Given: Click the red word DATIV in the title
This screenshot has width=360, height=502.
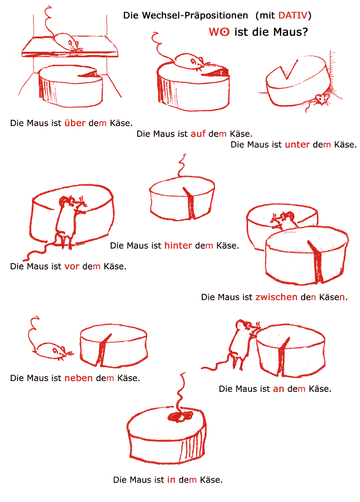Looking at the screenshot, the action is pos(293,15).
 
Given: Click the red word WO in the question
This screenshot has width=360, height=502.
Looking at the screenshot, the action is pos(219,31).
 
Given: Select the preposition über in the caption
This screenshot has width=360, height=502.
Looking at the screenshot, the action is pos(75,123).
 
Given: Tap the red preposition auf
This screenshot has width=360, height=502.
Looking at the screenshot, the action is pos(198,134).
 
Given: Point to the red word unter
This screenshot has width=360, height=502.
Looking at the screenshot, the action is pos(297,144).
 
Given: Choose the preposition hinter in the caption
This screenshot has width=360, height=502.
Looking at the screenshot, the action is pos(178,245).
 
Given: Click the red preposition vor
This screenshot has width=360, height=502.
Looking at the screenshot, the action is pos(72,266).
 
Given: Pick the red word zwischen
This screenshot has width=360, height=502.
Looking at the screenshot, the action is pos(276,297).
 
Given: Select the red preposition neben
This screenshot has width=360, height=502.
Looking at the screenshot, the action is pos(78,378).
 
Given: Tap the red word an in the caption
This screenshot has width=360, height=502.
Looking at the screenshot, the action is pos(279,389).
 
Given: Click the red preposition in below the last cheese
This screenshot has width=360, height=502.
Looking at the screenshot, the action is pos(171,479).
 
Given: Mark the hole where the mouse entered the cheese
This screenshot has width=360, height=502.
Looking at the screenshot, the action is pos(180,416).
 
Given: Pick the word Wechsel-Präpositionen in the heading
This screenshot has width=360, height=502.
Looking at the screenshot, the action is pos(185,15).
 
